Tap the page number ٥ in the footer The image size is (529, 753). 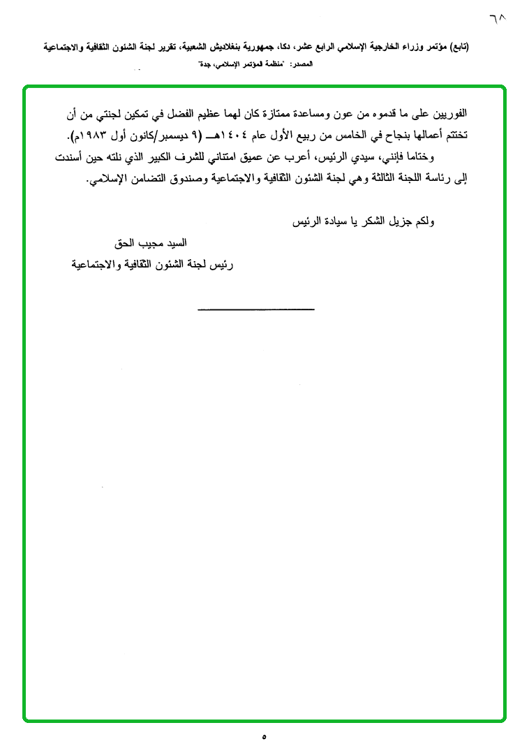click(x=264, y=736)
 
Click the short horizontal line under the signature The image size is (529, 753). click(x=255, y=309)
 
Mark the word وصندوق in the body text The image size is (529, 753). click(x=176, y=179)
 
